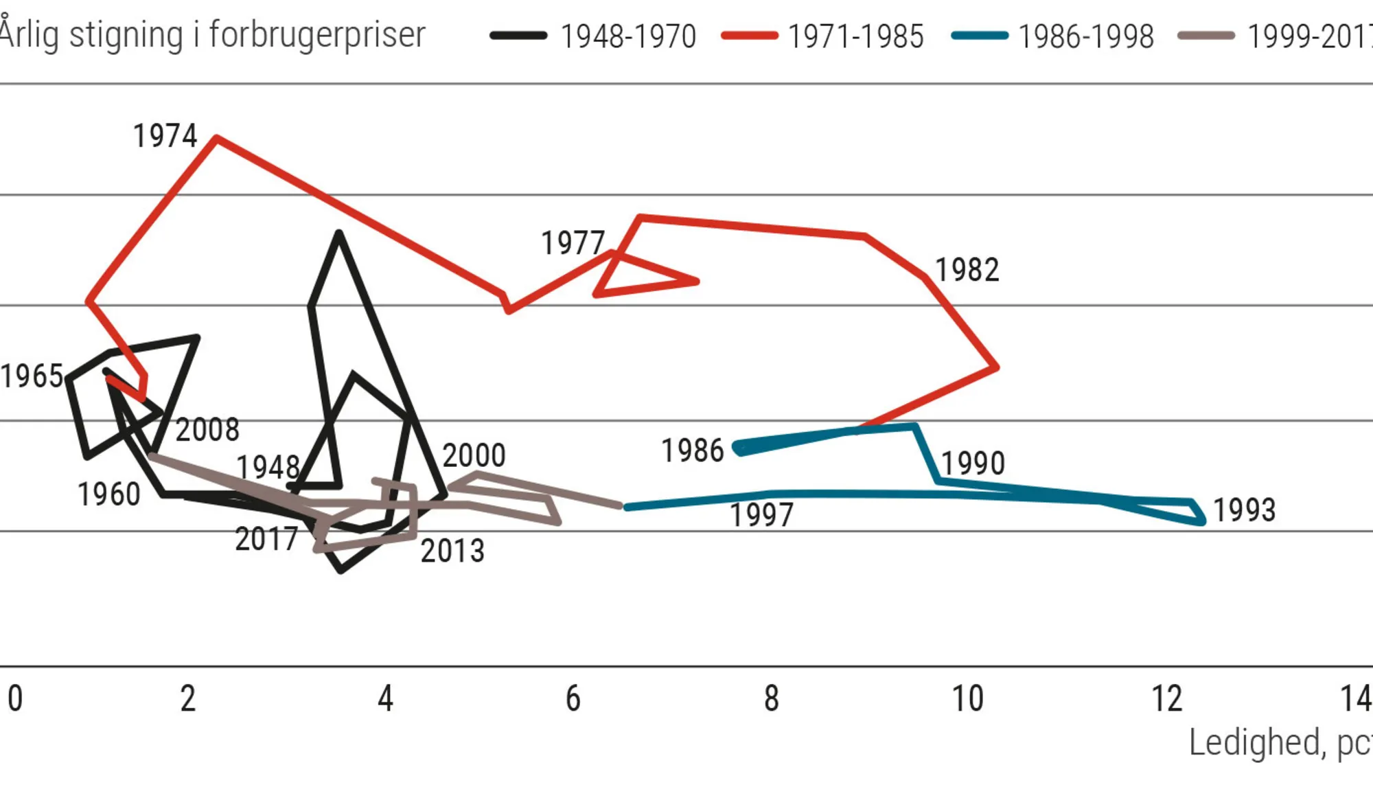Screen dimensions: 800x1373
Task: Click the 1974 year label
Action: pos(165,136)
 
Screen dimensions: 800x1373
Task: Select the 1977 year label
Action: pos(573,243)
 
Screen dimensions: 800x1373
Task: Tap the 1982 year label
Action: pos(967,270)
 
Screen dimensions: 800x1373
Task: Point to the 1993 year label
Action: pos(1244,510)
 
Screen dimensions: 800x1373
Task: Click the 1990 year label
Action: pos(972,464)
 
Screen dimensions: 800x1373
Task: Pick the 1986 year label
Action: pos(692,451)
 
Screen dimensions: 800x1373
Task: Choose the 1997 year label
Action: pos(761,515)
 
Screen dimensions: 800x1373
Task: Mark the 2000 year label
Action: pos(474,455)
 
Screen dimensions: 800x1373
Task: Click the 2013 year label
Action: pos(452,551)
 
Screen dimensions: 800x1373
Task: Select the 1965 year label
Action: pos(32,376)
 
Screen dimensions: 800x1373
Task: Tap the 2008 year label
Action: pos(207,431)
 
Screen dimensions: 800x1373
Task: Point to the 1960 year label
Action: pos(108,494)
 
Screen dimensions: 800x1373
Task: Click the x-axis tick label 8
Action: pos(772,699)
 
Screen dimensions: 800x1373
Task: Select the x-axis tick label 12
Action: pos(1166,699)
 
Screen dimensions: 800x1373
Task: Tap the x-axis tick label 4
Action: pos(385,699)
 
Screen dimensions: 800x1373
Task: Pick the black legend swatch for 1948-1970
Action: pos(518,36)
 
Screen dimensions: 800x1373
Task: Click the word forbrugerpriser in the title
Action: pos(317,34)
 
